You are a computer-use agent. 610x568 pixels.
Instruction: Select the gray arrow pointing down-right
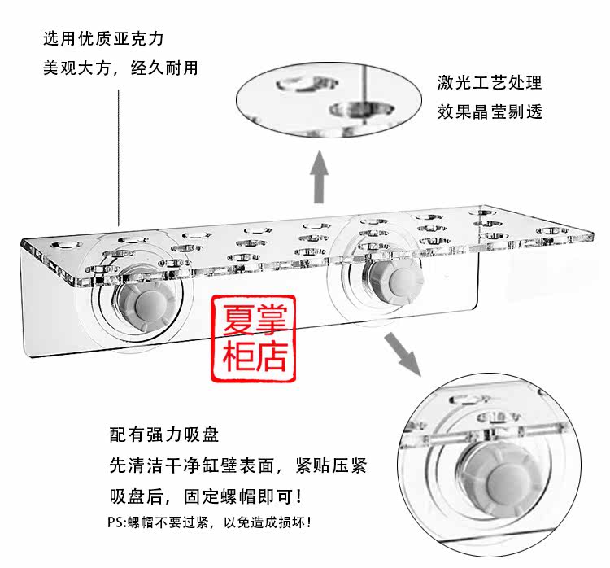pos(405,357)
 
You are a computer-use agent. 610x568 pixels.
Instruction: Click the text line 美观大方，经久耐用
pos(120,68)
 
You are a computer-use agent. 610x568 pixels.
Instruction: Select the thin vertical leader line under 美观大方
pos(120,155)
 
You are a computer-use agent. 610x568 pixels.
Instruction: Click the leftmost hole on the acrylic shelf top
pos(62,243)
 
